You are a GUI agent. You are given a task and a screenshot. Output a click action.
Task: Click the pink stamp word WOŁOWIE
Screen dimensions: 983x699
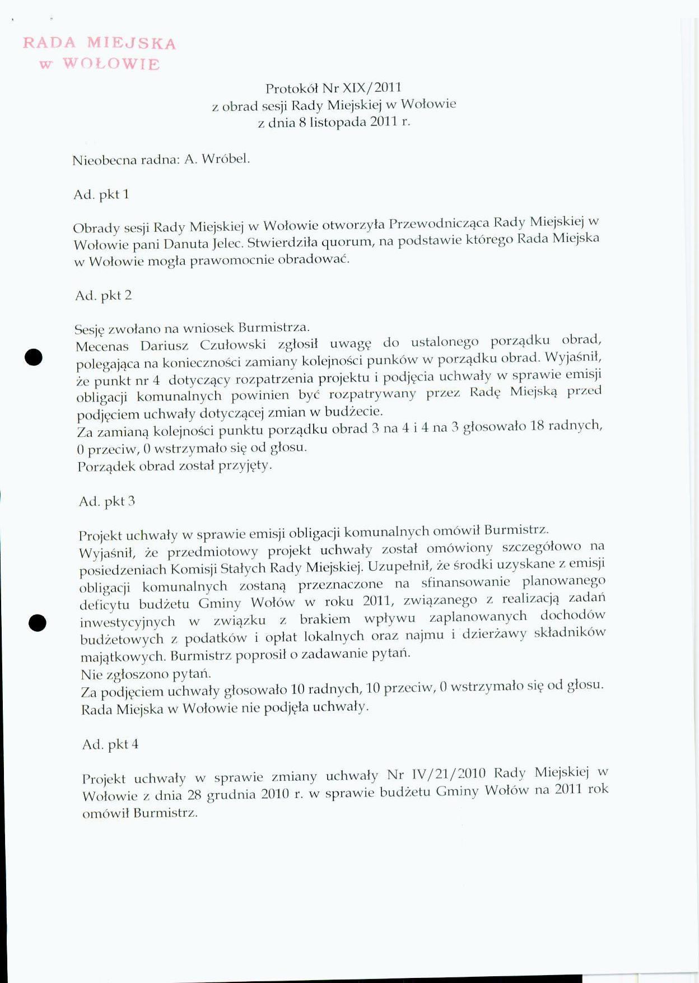[111, 64]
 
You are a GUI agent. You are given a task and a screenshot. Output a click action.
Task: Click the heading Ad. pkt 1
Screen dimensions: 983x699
[101, 194]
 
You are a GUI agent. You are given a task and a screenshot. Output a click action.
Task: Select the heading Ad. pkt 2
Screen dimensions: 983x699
[104, 295]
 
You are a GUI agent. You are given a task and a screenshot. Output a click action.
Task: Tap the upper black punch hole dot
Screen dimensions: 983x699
[34, 357]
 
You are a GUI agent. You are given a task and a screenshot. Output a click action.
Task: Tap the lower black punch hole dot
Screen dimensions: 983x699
[38, 622]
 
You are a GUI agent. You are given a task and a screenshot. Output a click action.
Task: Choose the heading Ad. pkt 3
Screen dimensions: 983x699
[107, 501]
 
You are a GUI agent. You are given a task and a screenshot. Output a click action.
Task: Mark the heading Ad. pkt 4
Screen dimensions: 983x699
[110, 744]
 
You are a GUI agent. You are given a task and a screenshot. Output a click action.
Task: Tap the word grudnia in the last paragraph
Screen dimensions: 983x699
[231, 795]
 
